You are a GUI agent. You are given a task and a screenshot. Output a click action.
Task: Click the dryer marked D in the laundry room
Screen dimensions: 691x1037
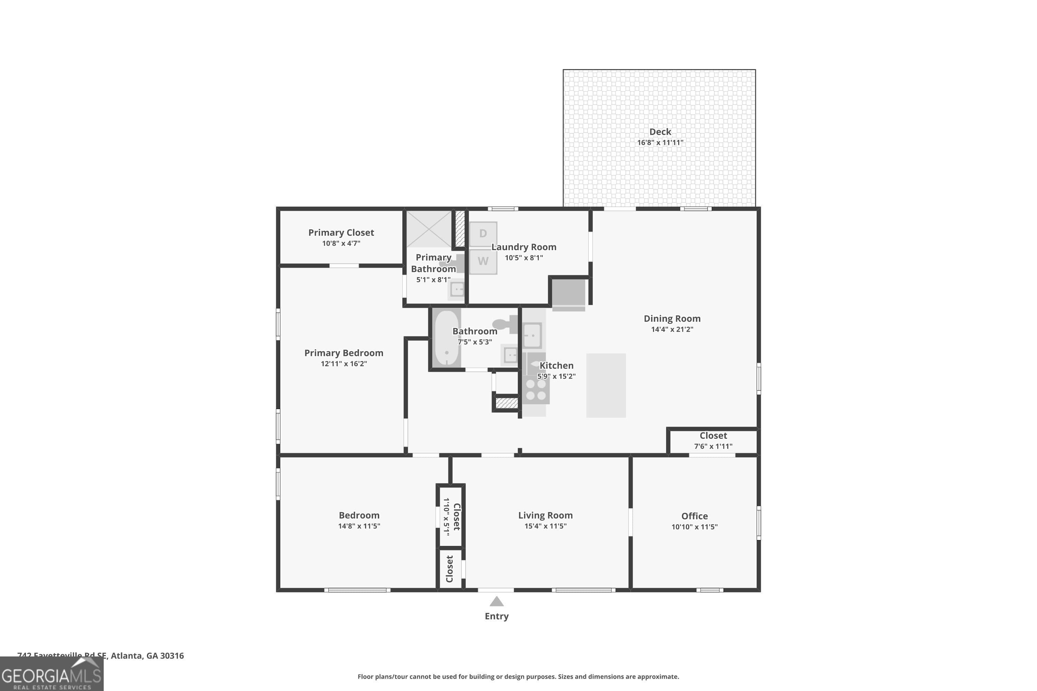click(483, 234)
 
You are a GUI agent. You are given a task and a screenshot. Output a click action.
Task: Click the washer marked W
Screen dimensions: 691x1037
click(483, 261)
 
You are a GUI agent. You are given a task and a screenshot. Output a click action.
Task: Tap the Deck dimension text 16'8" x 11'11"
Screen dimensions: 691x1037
click(660, 142)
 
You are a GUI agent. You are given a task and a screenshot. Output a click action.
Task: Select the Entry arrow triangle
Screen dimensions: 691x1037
click(496, 602)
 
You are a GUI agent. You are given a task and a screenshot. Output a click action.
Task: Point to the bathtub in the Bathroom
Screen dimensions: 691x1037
click(447, 338)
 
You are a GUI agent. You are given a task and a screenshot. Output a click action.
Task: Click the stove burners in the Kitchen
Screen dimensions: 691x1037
click(536, 390)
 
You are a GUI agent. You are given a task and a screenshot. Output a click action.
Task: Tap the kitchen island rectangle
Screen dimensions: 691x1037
click(606, 385)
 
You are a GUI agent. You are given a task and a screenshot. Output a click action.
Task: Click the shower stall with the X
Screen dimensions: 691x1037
click(429, 229)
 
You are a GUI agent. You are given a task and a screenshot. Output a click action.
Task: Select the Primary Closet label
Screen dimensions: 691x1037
click(341, 232)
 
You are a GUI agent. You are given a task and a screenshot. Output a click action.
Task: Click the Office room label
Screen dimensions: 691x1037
click(694, 515)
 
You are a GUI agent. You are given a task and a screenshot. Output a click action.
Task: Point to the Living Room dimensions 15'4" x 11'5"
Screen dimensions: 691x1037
click(545, 526)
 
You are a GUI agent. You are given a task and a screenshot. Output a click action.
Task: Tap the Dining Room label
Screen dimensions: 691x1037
click(672, 318)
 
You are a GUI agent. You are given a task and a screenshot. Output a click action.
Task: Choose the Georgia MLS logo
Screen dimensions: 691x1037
click(51, 674)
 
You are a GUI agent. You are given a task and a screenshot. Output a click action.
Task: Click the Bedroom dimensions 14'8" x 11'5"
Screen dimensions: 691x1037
click(359, 526)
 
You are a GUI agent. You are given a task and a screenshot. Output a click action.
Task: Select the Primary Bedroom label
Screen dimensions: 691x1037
click(344, 352)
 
